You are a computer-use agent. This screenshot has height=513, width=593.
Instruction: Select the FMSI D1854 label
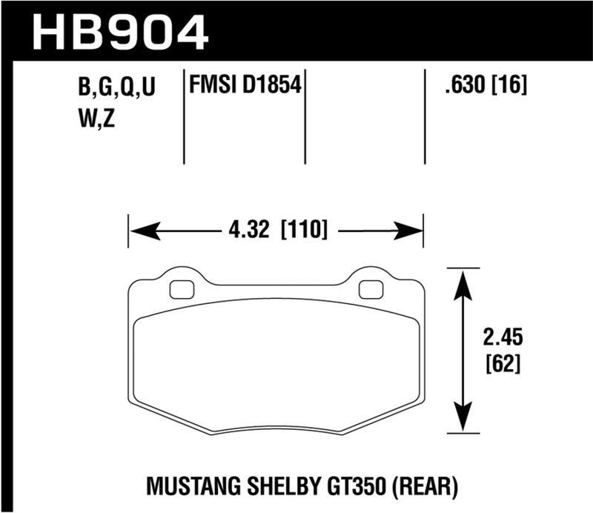tap(245, 87)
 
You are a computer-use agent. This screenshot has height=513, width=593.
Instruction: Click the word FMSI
tap(211, 87)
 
